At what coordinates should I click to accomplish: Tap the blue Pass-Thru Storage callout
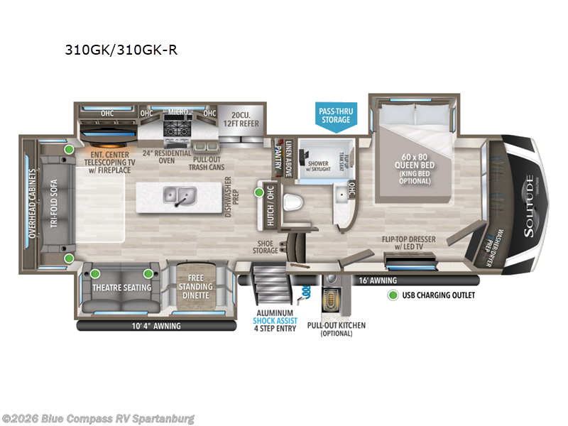(335, 115)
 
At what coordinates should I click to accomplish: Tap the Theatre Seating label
(121, 287)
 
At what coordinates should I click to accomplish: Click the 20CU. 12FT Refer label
(239, 119)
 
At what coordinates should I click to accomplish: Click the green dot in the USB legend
(391, 295)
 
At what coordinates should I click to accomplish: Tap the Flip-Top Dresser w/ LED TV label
(408, 243)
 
